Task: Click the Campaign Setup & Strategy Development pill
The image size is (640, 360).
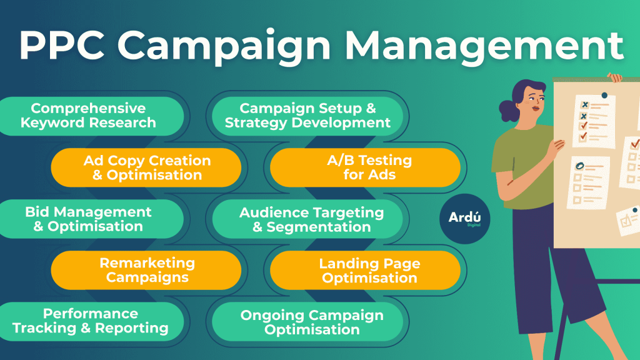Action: [x=307, y=116]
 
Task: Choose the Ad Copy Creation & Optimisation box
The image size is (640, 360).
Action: [x=146, y=167]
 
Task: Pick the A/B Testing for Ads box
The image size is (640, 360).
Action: [x=365, y=167]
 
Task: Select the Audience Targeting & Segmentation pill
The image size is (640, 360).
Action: [x=307, y=219]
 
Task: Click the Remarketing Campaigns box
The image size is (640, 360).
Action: [x=146, y=270]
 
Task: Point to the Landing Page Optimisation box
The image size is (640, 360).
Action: [x=365, y=270]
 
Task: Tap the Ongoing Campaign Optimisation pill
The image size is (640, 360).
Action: [x=307, y=322]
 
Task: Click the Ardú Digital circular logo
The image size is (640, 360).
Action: [x=465, y=219]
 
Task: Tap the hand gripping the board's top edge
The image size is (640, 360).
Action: [x=614, y=77]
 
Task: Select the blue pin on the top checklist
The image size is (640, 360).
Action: [x=604, y=96]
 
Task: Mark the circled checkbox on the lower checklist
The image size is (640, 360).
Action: [x=579, y=166]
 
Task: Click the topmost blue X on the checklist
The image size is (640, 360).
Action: [x=585, y=105]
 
